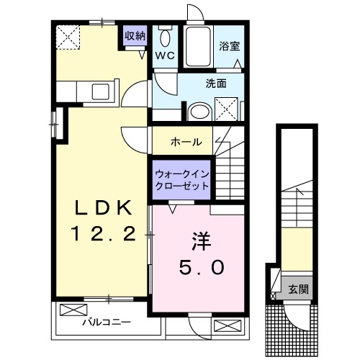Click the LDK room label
point(104,207)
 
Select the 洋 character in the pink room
point(199,240)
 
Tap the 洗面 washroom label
point(216,84)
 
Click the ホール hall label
point(186,141)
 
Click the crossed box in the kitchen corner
point(69,36)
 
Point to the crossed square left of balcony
point(72,311)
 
